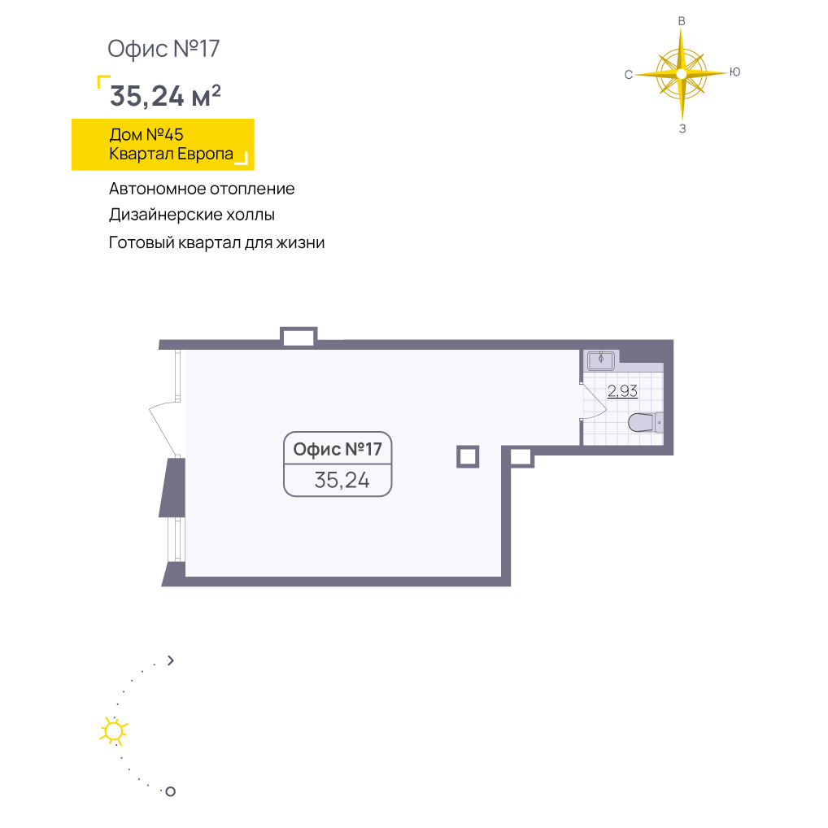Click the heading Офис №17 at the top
[163, 49]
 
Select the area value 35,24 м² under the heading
[165, 96]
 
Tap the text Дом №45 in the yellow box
[146, 135]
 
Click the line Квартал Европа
[171, 154]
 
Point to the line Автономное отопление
[202, 189]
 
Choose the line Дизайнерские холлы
[192, 215]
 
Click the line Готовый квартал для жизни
[216, 242]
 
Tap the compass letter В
[682, 21]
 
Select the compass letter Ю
[735, 72]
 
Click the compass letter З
[682, 129]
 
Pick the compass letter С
[629, 75]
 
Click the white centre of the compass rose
[682, 74]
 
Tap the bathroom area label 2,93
[622, 390]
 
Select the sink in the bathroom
[601, 360]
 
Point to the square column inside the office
[468, 457]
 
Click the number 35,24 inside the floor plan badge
[342, 480]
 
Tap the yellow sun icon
[114, 731]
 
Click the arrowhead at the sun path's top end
[171, 660]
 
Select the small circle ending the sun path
[171, 791]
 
